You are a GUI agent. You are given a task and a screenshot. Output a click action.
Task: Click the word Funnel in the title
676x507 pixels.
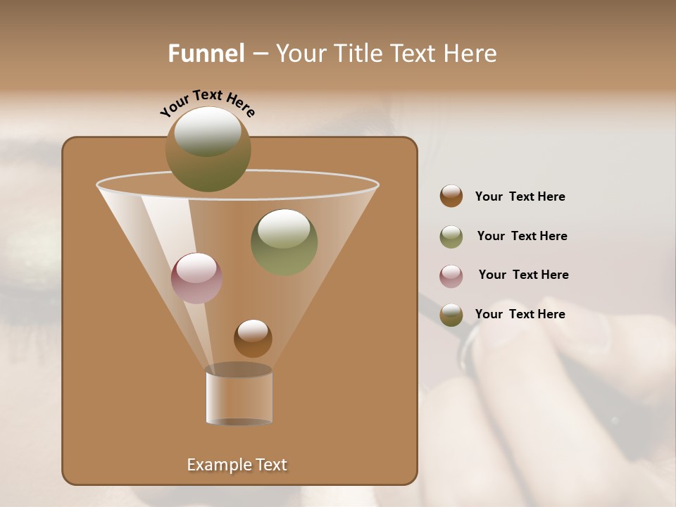[206, 54]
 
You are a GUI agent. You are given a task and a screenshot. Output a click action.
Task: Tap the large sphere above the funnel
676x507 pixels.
[208, 149]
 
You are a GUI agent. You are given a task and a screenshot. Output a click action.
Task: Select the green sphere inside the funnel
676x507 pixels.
[284, 242]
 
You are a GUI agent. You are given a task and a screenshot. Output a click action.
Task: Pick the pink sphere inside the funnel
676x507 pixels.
[196, 278]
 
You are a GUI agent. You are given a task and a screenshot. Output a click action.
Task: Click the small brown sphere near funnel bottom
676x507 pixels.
[253, 338]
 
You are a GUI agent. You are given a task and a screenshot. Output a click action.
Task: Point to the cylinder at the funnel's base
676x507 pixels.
[239, 396]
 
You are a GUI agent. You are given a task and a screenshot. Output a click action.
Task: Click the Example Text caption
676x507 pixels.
[237, 465]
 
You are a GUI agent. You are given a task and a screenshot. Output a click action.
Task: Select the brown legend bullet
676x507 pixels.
[451, 196]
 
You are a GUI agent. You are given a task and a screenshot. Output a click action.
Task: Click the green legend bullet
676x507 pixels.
[451, 237]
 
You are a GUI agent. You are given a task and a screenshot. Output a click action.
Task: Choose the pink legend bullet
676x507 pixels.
[451, 276]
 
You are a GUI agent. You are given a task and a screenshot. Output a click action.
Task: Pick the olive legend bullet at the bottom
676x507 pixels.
[451, 315]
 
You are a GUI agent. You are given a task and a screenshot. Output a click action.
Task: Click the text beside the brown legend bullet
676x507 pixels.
[520, 196]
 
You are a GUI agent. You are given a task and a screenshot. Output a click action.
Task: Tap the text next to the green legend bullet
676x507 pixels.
[522, 236]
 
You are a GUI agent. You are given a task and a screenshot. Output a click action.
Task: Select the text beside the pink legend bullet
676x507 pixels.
[523, 275]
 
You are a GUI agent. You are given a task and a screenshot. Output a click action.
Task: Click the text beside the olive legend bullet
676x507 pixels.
[520, 314]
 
